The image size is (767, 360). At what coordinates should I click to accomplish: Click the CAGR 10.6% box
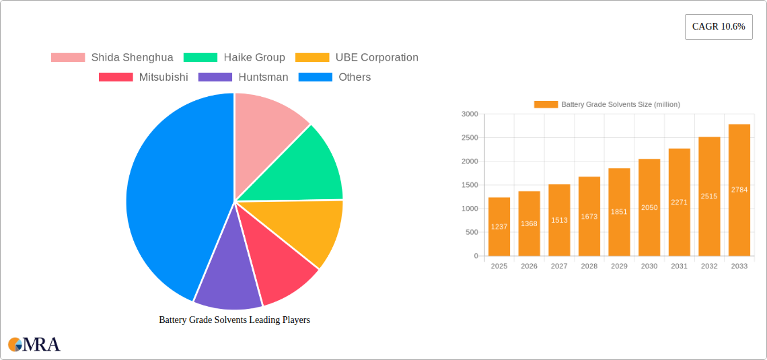(x=719, y=27)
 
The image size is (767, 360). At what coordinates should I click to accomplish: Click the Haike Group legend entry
(x=235, y=58)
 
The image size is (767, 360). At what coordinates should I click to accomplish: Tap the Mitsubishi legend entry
(x=143, y=77)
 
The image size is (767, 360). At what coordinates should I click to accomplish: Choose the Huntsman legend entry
(x=243, y=77)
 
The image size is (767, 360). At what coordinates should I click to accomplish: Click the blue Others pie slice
(x=175, y=195)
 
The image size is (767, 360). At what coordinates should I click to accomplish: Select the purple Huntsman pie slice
(x=227, y=276)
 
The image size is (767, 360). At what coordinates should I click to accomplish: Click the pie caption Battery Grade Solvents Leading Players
(x=234, y=320)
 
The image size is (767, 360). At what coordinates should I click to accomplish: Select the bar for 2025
(x=499, y=227)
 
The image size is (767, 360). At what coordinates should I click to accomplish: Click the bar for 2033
(x=739, y=190)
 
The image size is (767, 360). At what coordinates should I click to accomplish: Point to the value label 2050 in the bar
(x=649, y=208)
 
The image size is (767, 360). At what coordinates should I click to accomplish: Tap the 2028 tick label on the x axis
(x=589, y=266)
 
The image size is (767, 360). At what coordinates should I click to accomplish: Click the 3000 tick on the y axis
(x=470, y=114)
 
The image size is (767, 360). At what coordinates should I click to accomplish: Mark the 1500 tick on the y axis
(x=470, y=185)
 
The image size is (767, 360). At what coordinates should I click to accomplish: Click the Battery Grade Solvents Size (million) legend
(x=607, y=104)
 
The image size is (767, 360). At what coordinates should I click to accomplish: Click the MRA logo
(x=34, y=345)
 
